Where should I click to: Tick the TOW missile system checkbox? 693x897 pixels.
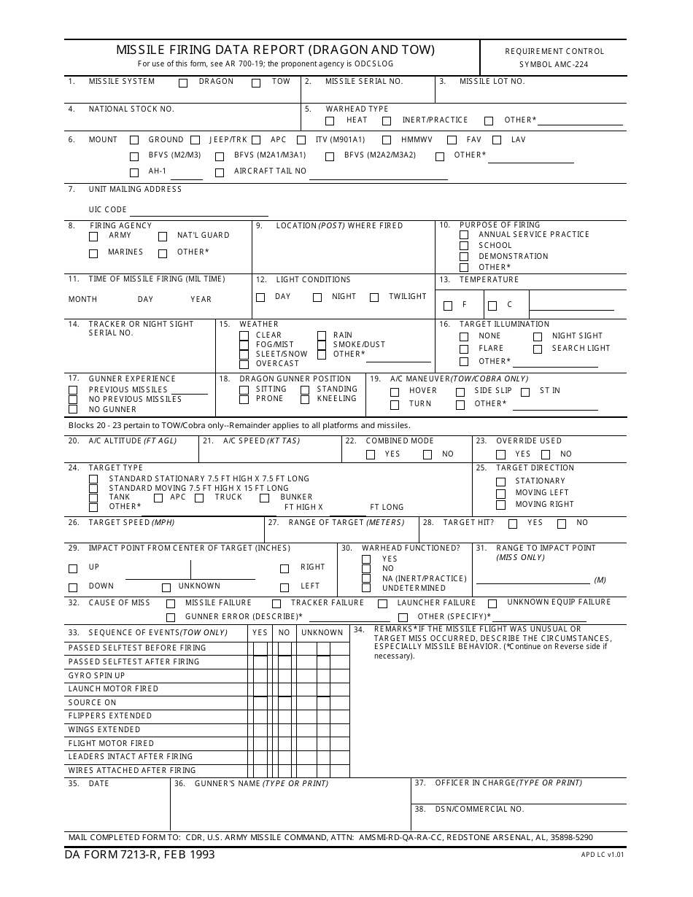pos(256,82)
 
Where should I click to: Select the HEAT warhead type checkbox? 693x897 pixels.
pos(330,121)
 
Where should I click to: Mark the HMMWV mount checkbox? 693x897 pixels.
pos(386,140)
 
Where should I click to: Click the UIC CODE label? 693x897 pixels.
pos(108,210)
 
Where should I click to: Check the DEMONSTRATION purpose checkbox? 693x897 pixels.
pos(464,257)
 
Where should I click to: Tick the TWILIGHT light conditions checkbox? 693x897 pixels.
pos(374,298)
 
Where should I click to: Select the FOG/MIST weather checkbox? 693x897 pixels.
pos(244,346)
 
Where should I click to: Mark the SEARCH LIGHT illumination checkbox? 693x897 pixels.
pos(538,349)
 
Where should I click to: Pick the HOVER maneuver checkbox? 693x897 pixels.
pos(395,392)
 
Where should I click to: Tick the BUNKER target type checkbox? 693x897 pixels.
pos(265,498)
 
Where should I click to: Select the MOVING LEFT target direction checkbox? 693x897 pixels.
pos(500,494)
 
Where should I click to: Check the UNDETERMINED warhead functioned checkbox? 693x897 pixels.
pos(366,588)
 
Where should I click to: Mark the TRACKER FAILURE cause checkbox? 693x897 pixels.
pos(276,604)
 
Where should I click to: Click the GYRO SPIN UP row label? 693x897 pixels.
pos(96,675)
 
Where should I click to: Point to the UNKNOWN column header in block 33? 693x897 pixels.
pos(322,633)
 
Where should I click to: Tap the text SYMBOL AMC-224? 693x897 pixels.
pos(554,64)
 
